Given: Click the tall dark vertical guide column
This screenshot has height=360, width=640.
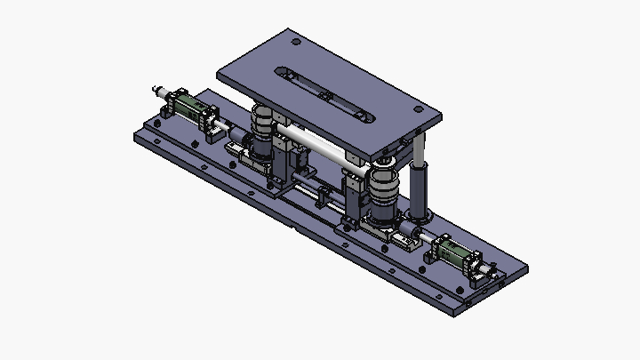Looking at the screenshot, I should tap(418, 182).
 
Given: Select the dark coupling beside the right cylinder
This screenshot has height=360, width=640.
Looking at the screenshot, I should tap(415, 238).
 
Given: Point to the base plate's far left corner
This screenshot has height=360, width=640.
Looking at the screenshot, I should tap(136, 138).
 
